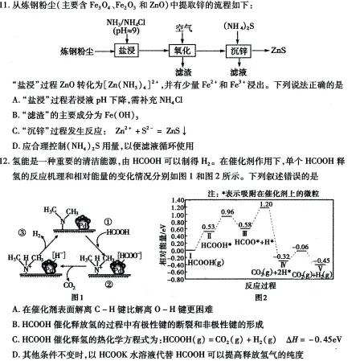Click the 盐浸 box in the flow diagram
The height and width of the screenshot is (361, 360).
point(126,50)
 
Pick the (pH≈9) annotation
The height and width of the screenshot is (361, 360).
point(125,29)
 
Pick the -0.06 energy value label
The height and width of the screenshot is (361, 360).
point(301,246)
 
